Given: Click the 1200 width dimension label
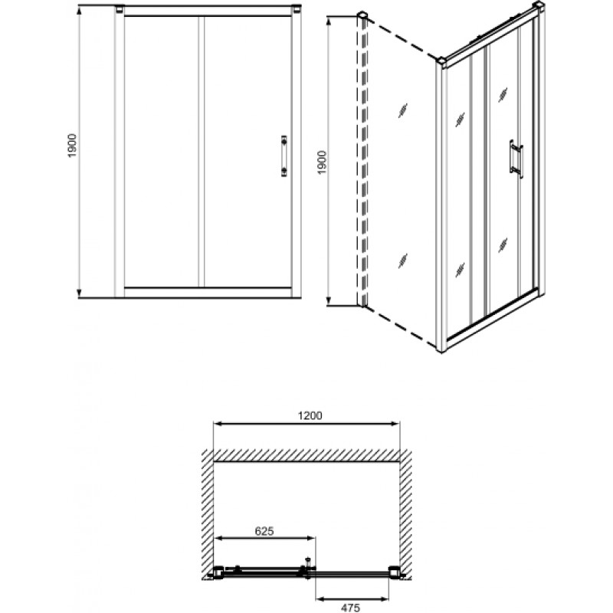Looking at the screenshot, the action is [310, 415].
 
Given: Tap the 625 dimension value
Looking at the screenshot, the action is [264, 531].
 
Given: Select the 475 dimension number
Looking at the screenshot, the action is [350, 608].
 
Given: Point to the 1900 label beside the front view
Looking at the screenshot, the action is [72, 146].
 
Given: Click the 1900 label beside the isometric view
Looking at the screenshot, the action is [321, 162].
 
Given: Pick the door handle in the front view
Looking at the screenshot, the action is [284, 156].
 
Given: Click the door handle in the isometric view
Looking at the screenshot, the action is [516, 159].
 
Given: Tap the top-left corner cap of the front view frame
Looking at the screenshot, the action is [120, 9].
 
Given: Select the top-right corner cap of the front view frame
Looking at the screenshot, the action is [297, 9].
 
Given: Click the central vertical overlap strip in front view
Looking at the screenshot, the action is [202, 152].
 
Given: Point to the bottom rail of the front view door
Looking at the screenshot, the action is [208, 292].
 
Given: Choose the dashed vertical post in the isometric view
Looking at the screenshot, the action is [362, 160].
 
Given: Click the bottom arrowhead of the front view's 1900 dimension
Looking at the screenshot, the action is [80, 293].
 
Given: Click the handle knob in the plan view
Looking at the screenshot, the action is [308, 562].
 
